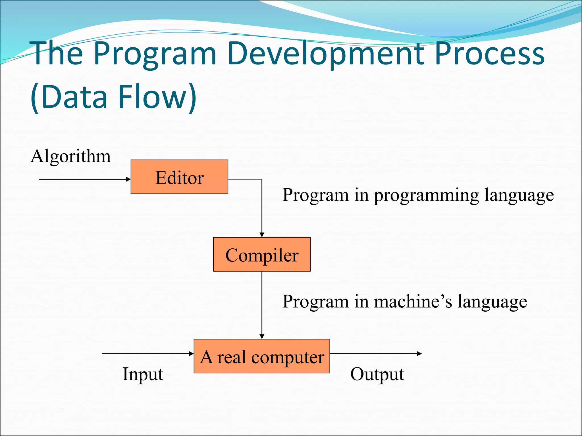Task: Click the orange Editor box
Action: [x=179, y=177]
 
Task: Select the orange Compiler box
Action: [x=262, y=254]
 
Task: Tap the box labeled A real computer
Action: [x=262, y=356]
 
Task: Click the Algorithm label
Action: [x=70, y=156]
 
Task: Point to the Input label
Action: [x=143, y=374]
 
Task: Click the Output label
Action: [x=377, y=374]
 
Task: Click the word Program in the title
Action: [x=155, y=54]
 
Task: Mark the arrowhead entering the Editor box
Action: [x=128, y=179]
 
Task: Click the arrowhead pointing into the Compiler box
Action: [x=262, y=235]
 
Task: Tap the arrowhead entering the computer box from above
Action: [x=262, y=336]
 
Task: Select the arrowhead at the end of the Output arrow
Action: [x=419, y=353]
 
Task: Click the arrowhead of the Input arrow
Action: [x=192, y=353]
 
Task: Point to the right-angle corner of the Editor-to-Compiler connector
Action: [x=262, y=179]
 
